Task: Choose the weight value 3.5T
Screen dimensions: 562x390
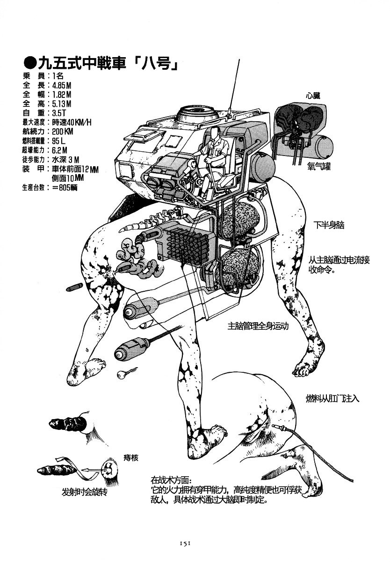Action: [59, 113]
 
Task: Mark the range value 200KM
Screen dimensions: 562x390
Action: [63, 132]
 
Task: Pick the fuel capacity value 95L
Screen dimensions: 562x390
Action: [58, 140]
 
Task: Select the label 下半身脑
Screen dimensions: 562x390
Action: [329, 225]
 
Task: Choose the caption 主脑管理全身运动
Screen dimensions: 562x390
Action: [258, 326]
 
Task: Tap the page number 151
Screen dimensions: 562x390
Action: [184, 543]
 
